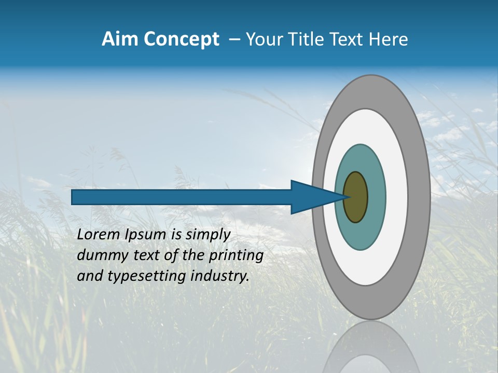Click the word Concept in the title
pyautogui.click(x=182, y=40)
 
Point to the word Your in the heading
pyautogui.click(x=262, y=39)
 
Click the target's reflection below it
pyautogui.click(x=371, y=350)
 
